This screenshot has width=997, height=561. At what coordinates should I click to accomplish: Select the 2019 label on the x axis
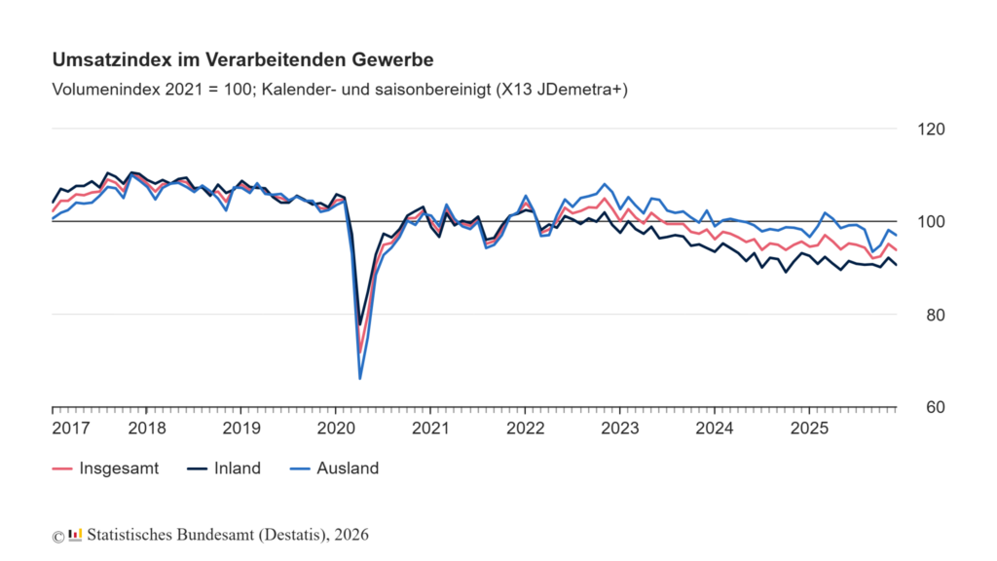(240, 429)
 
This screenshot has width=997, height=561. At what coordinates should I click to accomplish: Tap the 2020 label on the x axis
(335, 429)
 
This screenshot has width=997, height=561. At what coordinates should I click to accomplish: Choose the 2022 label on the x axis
(525, 429)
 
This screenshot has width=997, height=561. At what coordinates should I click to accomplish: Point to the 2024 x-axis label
(715, 429)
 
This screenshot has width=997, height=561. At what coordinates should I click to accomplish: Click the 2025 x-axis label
(809, 429)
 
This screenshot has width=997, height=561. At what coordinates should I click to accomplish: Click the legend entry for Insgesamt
(118, 468)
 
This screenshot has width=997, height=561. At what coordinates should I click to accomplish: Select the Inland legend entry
(238, 468)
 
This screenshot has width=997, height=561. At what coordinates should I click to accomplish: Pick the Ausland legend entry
(347, 468)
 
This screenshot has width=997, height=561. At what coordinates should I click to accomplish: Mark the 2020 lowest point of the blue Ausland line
(360, 378)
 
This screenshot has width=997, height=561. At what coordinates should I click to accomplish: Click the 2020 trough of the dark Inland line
(360, 324)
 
